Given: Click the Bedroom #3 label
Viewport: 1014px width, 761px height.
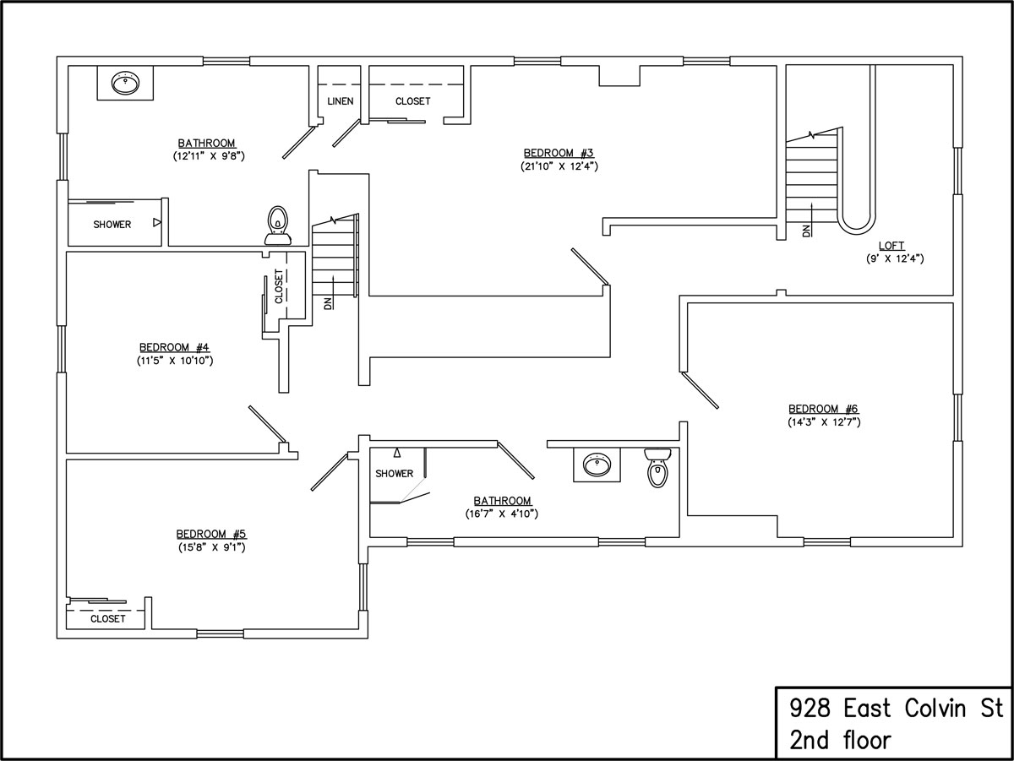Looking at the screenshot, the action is (559, 153).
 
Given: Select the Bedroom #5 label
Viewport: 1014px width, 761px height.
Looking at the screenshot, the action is (211, 535).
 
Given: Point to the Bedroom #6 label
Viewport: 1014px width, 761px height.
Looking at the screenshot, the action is (823, 409).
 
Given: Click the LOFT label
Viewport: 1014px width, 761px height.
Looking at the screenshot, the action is (891, 246).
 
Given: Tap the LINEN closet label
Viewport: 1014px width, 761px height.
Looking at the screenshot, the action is (341, 101).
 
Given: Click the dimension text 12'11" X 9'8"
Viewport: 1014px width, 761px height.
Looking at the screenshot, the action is (209, 155).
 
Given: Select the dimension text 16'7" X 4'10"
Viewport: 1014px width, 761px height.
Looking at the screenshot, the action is (502, 514).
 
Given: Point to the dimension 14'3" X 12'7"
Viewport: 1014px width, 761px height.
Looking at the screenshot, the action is (824, 421).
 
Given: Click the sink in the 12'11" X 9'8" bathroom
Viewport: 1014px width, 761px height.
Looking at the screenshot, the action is (125, 83).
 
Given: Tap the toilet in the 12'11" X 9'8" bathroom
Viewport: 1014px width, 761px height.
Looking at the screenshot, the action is (278, 225).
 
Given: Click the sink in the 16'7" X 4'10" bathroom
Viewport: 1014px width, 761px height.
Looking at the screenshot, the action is (597, 465).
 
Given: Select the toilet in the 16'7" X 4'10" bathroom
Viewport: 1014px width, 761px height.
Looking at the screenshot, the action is (657, 468).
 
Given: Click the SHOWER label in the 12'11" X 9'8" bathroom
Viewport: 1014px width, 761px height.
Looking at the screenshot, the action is (112, 225).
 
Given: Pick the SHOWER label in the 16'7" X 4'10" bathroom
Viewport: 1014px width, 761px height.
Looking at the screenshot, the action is (394, 473).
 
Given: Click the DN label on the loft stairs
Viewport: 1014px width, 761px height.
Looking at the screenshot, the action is (807, 231).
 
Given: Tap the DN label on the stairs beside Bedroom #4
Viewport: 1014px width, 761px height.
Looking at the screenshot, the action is (328, 303).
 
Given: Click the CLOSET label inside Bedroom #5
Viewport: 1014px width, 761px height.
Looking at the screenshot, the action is (107, 619).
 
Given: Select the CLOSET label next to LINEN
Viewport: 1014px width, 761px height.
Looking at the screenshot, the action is (412, 101).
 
